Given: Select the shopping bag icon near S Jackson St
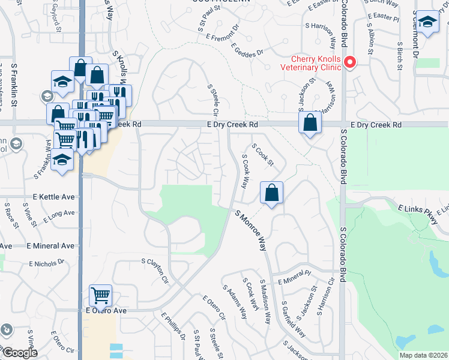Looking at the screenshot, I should [309, 124].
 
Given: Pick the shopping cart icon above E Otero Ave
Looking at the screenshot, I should [100, 295].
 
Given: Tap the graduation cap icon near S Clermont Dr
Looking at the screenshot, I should [427, 22].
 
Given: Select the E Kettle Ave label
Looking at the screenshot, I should [53, 197].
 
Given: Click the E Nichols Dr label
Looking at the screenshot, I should [46, 263].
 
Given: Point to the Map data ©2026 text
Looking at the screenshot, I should [420, 355].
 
